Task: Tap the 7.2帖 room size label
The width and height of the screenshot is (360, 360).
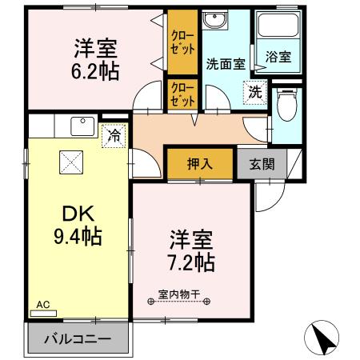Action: (x=191, y=261)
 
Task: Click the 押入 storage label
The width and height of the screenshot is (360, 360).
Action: (x=199, y=165)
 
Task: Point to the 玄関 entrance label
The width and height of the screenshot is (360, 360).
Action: (x=261, y=165)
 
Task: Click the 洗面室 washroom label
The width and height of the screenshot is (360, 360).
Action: (x=225, y=65)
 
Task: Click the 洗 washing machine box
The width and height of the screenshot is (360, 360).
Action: (x=254, y=91)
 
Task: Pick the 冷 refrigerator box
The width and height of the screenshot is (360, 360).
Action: (x=114, y=136)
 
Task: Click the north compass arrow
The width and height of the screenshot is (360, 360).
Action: (x=324, y=338)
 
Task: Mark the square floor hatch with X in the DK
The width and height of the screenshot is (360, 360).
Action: (x=70, y=162)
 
